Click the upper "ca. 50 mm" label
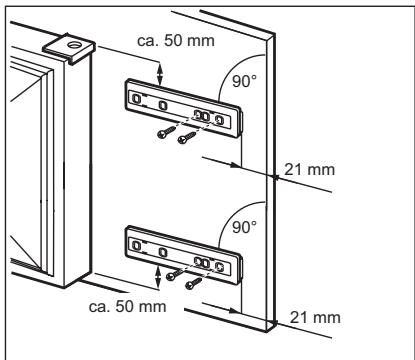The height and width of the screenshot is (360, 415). [x=176, y=41]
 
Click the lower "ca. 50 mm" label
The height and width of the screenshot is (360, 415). [x=127, y=306]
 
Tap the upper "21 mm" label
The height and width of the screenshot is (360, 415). [x=309, y=170]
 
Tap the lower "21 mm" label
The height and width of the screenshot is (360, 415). [x=315, y=317]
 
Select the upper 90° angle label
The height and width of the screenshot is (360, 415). [x=244, y=81]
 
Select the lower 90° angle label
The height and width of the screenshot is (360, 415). [x=244, y=227]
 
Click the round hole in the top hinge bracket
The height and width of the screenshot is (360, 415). [x=73, y=45]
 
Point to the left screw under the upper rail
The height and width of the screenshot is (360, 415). [x=166, y=132]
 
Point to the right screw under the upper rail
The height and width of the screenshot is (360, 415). [x=187, y=137]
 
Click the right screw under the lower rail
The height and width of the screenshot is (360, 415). [x=193, y=283]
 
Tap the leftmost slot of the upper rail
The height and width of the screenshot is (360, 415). [x=136, y=99]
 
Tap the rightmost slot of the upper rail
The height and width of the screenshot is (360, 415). [x=219, y=119]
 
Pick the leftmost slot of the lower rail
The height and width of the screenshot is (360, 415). [x=136, y=245]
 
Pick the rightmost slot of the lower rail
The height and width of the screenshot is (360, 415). [x=219, y=266]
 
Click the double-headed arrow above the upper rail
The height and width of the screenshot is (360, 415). [x=160, y=74]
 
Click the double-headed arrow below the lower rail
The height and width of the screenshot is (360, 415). [x=158, y=277]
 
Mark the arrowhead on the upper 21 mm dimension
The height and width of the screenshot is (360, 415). [x=236, y=165]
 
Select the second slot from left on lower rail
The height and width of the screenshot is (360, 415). [x=163, y=252]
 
